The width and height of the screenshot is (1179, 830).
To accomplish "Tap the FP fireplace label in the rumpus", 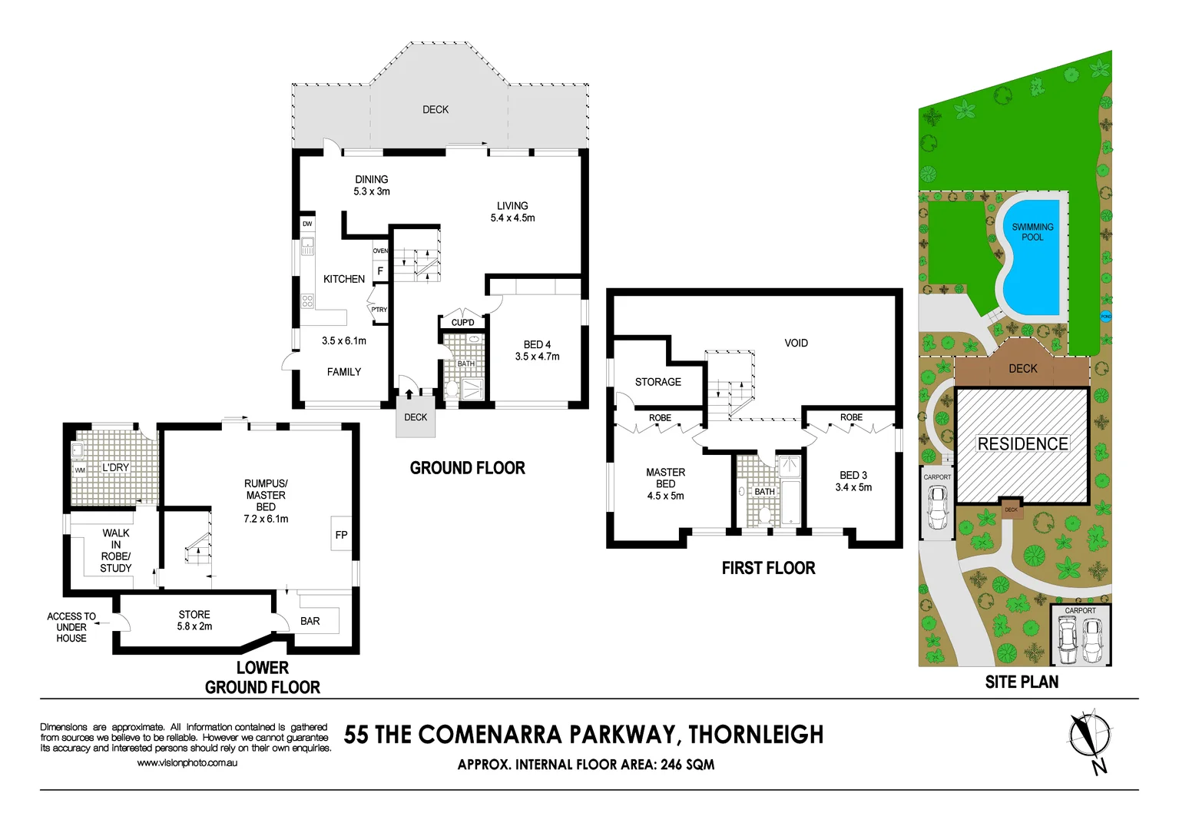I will tap(341, 535).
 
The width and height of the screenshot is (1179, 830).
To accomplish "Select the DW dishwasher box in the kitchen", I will tap(307, 224).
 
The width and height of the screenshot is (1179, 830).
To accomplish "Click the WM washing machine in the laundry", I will tap(80, 470).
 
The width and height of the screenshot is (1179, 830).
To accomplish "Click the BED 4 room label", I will tap(537, 345).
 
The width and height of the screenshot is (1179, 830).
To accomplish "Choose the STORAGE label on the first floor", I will tap(657, 382).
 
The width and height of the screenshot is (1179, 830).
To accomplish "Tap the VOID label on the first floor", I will tap(796, 343).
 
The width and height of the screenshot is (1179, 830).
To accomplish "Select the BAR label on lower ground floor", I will tap(310, 621).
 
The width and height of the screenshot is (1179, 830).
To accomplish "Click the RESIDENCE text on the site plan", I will tap(1022, 444).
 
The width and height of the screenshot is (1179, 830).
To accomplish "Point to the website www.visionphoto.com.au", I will tap(187, 763).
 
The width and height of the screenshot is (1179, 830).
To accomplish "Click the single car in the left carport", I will tap(937, 507).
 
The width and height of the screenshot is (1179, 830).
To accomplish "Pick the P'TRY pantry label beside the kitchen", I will tap(379, 310).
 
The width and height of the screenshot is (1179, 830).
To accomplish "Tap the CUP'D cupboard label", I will tap(462, 323).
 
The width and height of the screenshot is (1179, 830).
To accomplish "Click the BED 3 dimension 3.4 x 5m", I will tap(853, 487).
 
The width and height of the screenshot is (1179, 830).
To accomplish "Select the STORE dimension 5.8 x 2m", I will tap(194, 626).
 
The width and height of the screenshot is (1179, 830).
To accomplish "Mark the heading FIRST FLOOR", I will tap(768, 568).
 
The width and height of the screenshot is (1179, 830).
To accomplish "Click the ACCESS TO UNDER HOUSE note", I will tap(71, 627).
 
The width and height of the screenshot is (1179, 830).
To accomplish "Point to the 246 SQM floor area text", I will tap(687, 765).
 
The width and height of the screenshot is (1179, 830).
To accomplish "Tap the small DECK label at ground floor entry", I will tap(416, 417).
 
